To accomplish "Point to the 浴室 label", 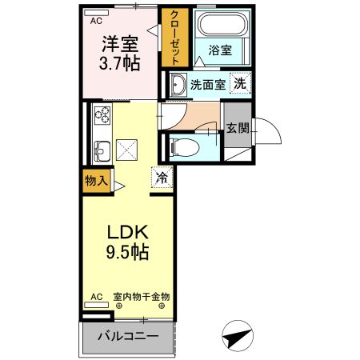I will (x=220, y=50).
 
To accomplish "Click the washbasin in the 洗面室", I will (x=177, y=85).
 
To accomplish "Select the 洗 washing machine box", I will (x=239, y=83).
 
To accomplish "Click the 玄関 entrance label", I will (x=237, y=128).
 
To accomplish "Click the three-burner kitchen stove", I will (x=102, y=114).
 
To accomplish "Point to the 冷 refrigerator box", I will (x=162, y=178).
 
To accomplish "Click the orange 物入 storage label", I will (x=95, y=181).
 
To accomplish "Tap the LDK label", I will (x=128, y=232).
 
